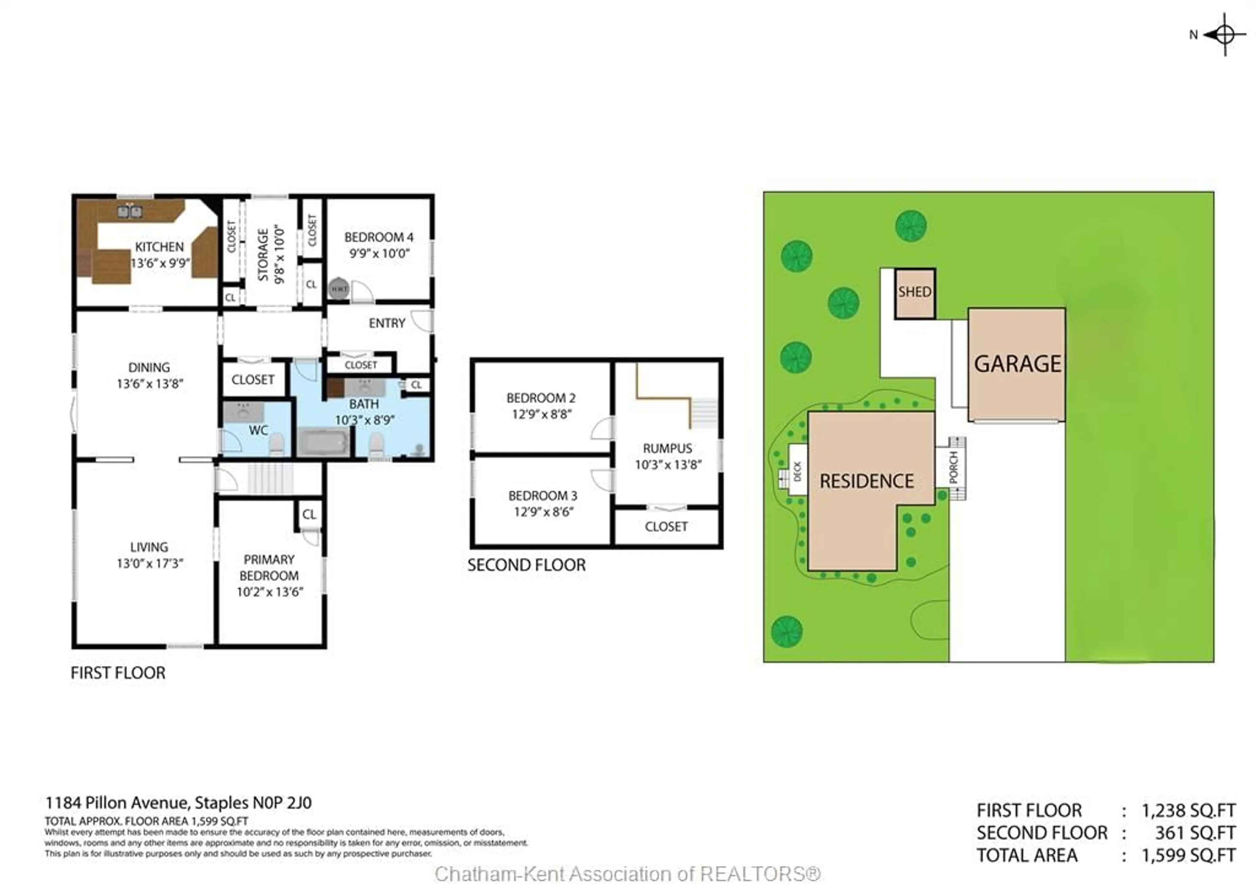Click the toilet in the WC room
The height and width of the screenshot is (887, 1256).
[277, 444]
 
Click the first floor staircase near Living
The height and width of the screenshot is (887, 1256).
[270, 479]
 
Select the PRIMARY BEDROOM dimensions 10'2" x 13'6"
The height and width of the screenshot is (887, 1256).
[270, 592]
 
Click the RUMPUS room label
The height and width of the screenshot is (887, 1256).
[667, 448]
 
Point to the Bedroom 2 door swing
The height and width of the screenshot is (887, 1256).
[602, 429]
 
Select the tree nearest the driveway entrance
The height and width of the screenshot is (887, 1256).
[787, 631]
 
